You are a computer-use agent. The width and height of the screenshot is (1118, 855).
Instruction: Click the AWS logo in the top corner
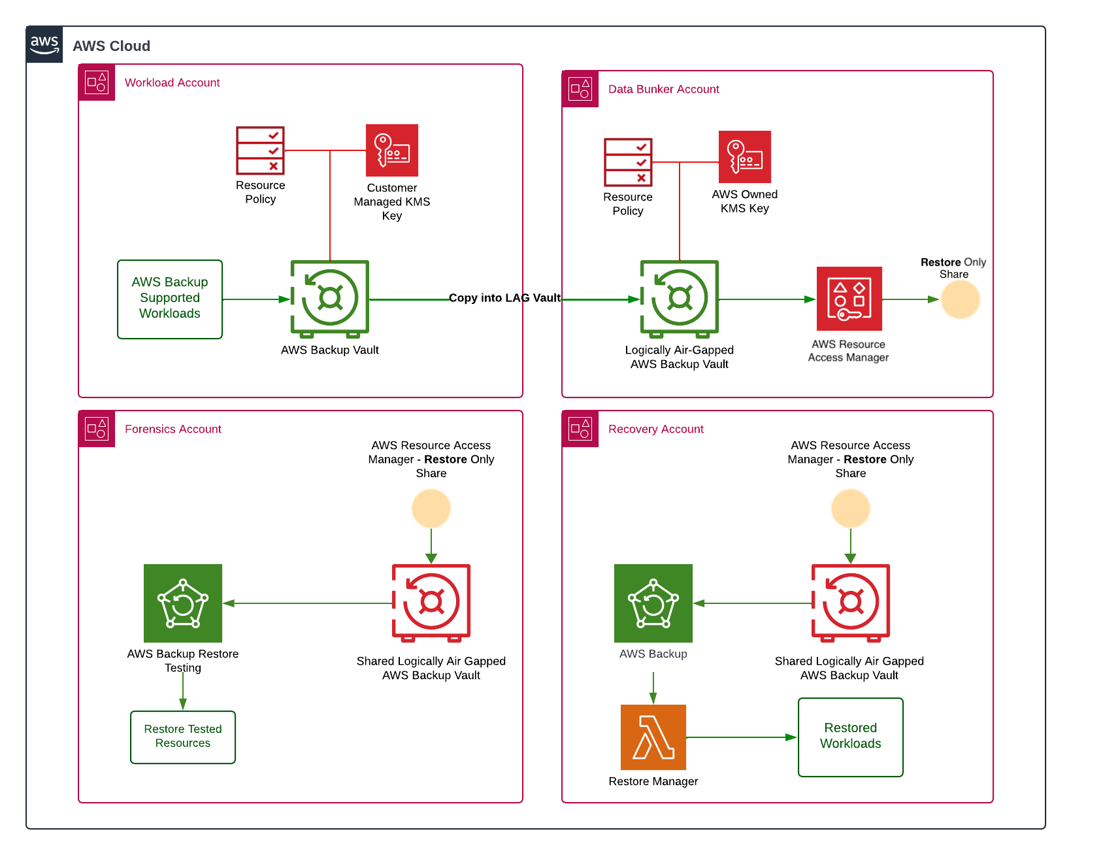[44, 44]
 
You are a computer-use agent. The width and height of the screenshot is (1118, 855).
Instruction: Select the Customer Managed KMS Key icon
[391, 150]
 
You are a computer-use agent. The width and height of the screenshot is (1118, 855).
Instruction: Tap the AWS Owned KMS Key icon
[744, 157]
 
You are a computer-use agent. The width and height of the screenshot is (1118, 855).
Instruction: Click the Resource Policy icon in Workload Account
[260, 150]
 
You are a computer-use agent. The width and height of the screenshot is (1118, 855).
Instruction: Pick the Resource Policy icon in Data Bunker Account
[628, 162]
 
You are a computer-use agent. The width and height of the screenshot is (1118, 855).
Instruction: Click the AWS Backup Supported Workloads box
[170, 299]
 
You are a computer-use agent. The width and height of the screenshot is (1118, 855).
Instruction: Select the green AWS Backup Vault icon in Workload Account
[330, 298]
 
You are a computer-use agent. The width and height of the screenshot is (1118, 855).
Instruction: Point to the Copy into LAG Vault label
[504, 298]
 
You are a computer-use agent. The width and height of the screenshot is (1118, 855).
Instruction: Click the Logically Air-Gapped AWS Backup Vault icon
[680, 298]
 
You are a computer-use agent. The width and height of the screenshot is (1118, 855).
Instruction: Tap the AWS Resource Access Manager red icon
[849, 299]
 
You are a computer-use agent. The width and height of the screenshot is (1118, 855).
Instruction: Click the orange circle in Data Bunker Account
[960, 299]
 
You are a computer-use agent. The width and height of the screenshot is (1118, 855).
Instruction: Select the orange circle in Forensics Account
[431, 509]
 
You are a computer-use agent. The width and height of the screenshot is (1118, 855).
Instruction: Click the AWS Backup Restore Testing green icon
[183, 603]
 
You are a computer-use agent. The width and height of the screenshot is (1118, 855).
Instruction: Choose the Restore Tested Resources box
[183, 737]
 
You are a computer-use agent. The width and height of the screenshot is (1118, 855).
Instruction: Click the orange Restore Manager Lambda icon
[653, 737]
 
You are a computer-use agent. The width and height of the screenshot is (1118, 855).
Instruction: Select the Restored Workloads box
[850, 737]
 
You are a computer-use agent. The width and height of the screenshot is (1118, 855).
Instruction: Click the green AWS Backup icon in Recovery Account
[653, 603]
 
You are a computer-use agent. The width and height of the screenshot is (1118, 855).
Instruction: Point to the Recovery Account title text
[655, 429]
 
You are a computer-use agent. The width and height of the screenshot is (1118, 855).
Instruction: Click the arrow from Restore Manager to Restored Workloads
[742, 737]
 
